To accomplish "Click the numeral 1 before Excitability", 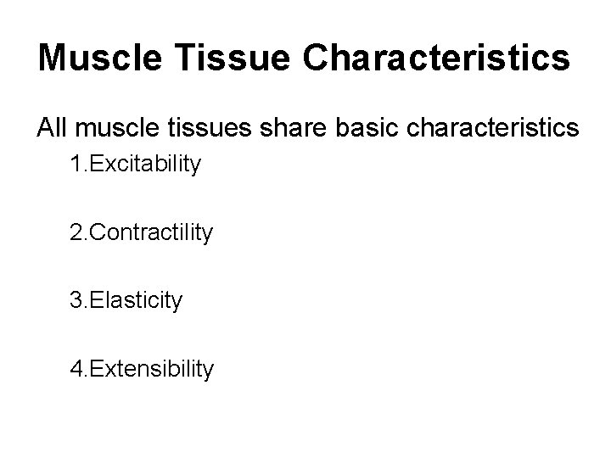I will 77,164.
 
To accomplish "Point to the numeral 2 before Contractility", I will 77,232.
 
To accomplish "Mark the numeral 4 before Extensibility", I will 77,368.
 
